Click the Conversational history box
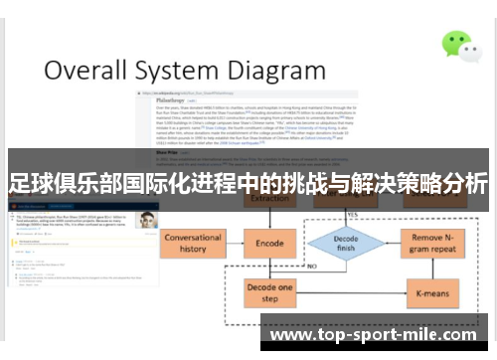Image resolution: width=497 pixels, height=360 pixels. point(193,244)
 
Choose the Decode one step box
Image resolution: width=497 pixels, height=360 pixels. point(269,293)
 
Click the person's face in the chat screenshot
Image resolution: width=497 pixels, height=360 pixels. point(146,221)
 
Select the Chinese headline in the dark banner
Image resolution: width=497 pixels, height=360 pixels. point(248,183)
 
